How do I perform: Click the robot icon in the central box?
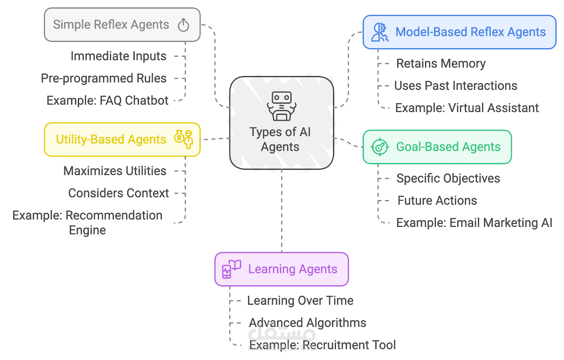(x=282, y=106)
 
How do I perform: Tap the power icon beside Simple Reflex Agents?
(x=183, y=25)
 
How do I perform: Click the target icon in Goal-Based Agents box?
(x=380, y=147)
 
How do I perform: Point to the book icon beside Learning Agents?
(x=231, y=269)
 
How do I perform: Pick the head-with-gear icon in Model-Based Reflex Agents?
(x=380, y=32)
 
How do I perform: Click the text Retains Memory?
(x=441, y=64)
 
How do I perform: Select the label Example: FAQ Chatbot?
(x=108, y=101)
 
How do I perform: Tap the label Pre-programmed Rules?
(x=104, y=79)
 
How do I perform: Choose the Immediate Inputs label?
(x=118, y=56)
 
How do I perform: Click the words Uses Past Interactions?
(x=455, y=86)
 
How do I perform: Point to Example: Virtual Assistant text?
(x=467, y=108)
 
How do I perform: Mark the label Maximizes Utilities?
(x=115, y=171)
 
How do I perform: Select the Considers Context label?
(x=118, y=193)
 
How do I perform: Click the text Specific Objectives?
(x=448, y=179)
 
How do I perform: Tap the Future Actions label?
(x=437, y=201)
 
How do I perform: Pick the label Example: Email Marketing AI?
(x=474, y=223)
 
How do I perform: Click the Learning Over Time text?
(x=300, y=301)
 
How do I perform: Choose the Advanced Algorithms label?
(x=307, y=323)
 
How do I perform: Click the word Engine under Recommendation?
(x=87, y=230)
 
